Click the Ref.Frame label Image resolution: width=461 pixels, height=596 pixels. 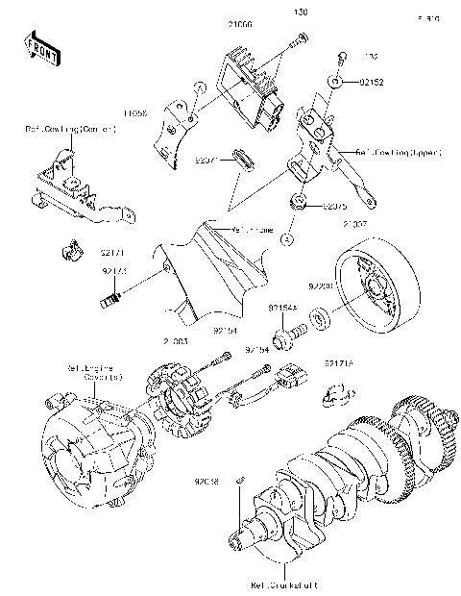pyautogui.click(x=253, y=230)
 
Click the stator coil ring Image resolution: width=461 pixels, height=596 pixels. pyautogui.click(x=188, y=394)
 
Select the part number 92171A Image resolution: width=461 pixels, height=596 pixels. pyautogui.click(x=338, y=364)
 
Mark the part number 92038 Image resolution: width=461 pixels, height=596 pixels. pyautogui.click(x=207, y=478)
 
